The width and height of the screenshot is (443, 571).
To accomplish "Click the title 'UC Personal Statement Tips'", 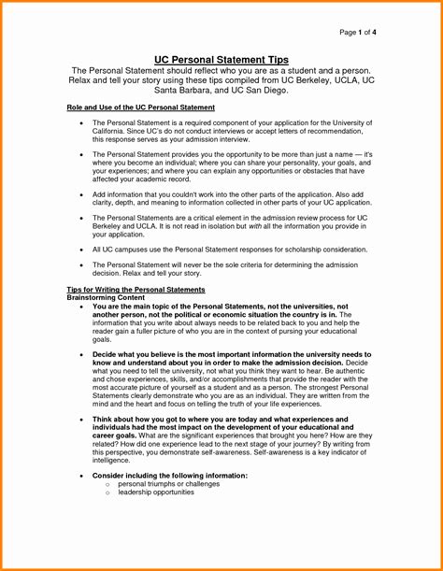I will [x=221, y=60].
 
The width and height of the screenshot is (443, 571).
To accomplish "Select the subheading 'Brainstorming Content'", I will [x=108, y=298].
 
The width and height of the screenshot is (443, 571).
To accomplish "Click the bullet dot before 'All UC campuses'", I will [x=82, y=250].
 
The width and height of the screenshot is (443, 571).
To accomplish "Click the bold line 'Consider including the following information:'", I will [x=170, y=476].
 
